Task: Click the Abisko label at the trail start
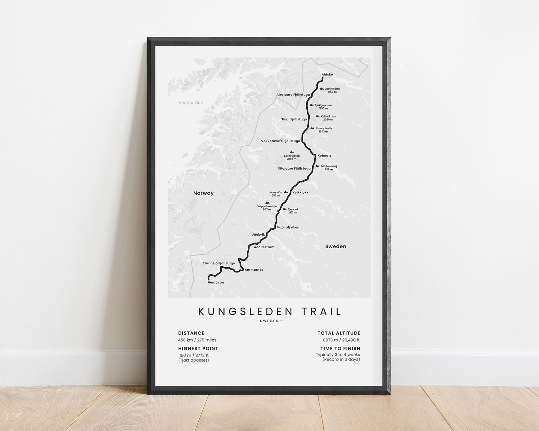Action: pyautogui.click(x=327, y=75)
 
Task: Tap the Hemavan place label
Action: pyautogui.click(x=216, y=282)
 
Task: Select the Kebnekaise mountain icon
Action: pyautogui.click(x=317, y=116)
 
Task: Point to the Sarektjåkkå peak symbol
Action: pyautogui.click(x=292, y=152)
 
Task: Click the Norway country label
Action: pyautogui.click(x=203, y=193)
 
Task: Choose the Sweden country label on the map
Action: pyautogui.click(x=335, y=246)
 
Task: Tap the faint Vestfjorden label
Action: pyautogui.click(x=191, y=103)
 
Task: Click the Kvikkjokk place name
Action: pyautogui.click(x=300, y=192)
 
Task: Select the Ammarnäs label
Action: pyautogui.click(x=254, y=270)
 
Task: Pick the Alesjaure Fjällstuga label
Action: pyautogui.click(x=293, y=95)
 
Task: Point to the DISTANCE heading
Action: pyautogui.click(x=191, y=333)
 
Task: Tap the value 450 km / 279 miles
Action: pyautogui.click(x=197, y=340)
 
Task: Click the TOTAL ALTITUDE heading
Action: pyautogui.click(x=339, y=333)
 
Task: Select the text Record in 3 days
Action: pyautogui.click(x=341, y=359)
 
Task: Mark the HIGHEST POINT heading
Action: pyautogui.click(x=198, y=349)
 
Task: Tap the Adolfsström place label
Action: pyautogui.click(x=264, y=247)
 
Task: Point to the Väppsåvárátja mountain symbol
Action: pyautogui.click(x=267, y=202)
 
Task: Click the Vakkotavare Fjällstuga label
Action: pyautogui.click(x=281, y=141)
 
